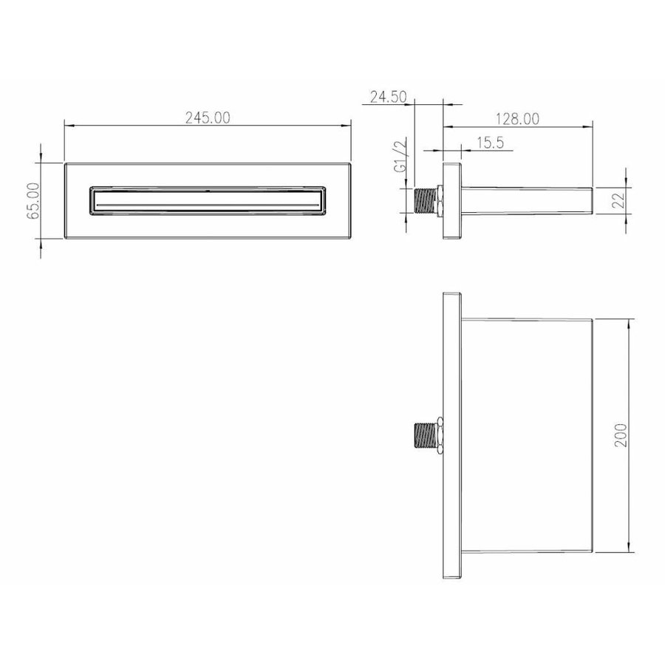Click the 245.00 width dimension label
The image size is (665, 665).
[x=208, y=117]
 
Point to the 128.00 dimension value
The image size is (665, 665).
[x=516, y=117]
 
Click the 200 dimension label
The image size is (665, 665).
[x=621, y=437]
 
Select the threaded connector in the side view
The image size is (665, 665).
[x=426, y=200]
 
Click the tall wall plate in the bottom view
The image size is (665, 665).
[x=451, y=436]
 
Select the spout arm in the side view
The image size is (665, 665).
[x=526, y=200]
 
